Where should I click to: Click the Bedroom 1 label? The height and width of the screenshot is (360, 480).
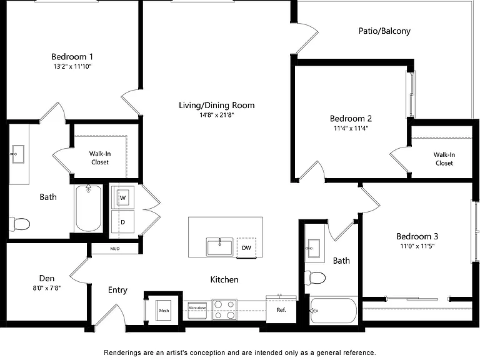pyautogui.click(x=72, y=57)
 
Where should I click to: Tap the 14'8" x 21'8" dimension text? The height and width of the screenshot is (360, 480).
pyautogui.click(x=217, y=115)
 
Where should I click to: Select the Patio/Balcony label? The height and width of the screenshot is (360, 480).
pyautogui.click(x=384, y=31)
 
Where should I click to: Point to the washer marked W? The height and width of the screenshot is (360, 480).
pyautogui.click(x=122, y=197)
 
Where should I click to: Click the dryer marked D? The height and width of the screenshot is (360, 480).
pyautogui.click(x=122, y=222)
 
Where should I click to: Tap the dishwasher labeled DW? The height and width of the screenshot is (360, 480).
pyautogui.click(x=246, y=247)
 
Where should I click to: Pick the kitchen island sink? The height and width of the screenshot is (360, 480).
pyautogui.click(x=219, y=247)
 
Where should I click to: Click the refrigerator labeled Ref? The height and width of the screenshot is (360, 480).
pyautogui.click(x=281, y=309)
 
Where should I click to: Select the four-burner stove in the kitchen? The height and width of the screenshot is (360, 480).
pyautogui.click(x=224, y=309)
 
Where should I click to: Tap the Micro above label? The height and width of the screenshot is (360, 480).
pyautogui.click(x=197, y=307)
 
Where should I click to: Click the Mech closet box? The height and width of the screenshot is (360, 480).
pyautogui.click(x=164, y=311)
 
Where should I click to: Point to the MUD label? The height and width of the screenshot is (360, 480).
pyautogui.click(x=115, y=249)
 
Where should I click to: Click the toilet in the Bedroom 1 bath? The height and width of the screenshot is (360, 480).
pyautogui.click(x=19, y=224)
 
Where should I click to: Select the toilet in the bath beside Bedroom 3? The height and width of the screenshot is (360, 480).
pyautogui.click(x=315, y=278)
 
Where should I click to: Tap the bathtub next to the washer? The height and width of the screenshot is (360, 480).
pyautogui.click(x=89, y=208)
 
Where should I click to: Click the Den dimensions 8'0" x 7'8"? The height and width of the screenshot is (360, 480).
pyautogui.click(x=47, y=287)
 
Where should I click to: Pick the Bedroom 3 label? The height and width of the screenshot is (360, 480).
pyautogui.click(x=417, y=236)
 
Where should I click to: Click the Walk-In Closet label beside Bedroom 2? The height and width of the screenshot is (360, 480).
pyautogui.click(x=444, y=159)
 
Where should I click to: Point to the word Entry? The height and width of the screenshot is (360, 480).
pyautogui.click(x=117, y=290)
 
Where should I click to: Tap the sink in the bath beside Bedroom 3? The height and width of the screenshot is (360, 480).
pyautogui.click(x=313, y=248)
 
